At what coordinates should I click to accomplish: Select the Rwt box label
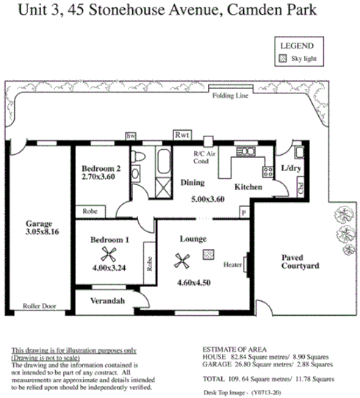[181, 135]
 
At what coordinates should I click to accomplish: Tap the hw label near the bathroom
[132, 137]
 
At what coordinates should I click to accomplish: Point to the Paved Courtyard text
[300, 262]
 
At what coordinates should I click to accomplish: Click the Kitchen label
[248, 188]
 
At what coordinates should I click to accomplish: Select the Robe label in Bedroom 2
[90, 210]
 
